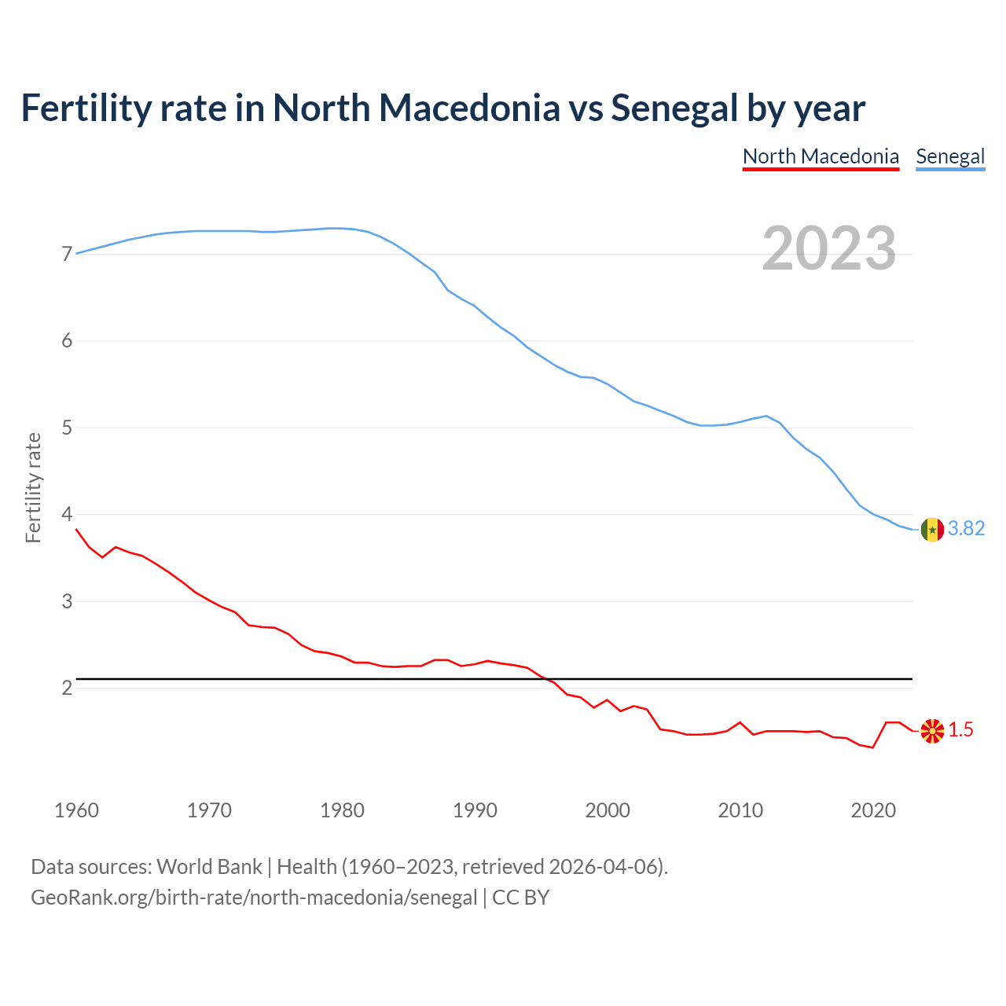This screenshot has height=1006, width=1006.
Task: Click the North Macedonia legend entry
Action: (821, 156)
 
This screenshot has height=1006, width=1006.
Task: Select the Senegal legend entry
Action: (950, 156)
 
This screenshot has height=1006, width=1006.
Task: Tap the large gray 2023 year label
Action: (829, 248)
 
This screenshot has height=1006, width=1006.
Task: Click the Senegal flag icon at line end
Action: (932, 530)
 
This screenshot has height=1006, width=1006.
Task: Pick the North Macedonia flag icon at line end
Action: (932, 731)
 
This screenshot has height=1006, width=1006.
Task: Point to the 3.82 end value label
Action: (966, 529)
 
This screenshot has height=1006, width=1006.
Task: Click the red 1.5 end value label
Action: (960, 730)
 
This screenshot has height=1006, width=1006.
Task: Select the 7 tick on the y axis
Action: (67, 254)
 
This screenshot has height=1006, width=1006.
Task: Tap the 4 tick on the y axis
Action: (67, 515)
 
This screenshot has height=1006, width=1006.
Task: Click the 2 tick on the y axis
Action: (67, 688)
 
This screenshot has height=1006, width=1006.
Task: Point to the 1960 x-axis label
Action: (76, 810)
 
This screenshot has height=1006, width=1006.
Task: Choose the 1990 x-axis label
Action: (475, 810)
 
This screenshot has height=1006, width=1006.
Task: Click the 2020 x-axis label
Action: (873, 810)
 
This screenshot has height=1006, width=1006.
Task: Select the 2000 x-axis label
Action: (608, 810)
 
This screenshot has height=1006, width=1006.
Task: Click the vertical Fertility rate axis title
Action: (33, 487)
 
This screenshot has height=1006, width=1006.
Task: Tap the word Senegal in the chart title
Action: (674, 108)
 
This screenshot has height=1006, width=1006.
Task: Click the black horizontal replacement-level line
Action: (495, 678)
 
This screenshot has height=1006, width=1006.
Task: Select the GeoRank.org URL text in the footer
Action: (254, 898)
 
